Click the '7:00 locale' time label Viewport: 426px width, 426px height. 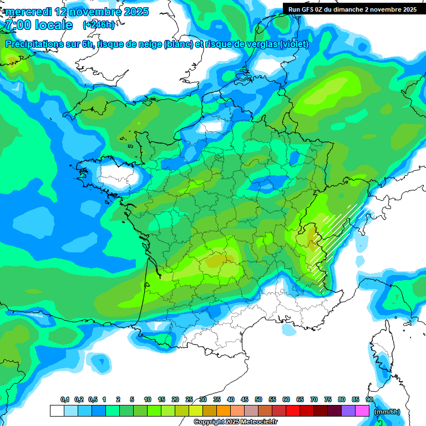pos(38,26)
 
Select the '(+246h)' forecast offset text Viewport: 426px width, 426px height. pos(99,25)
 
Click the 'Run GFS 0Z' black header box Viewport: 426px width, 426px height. pos(352,9)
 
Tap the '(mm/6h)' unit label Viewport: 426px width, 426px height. pos(387,412)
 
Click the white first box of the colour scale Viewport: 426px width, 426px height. pos(57,411)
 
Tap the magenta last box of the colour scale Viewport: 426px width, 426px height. pos(363,411)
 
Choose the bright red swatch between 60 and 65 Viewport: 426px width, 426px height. pos(293,411)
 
